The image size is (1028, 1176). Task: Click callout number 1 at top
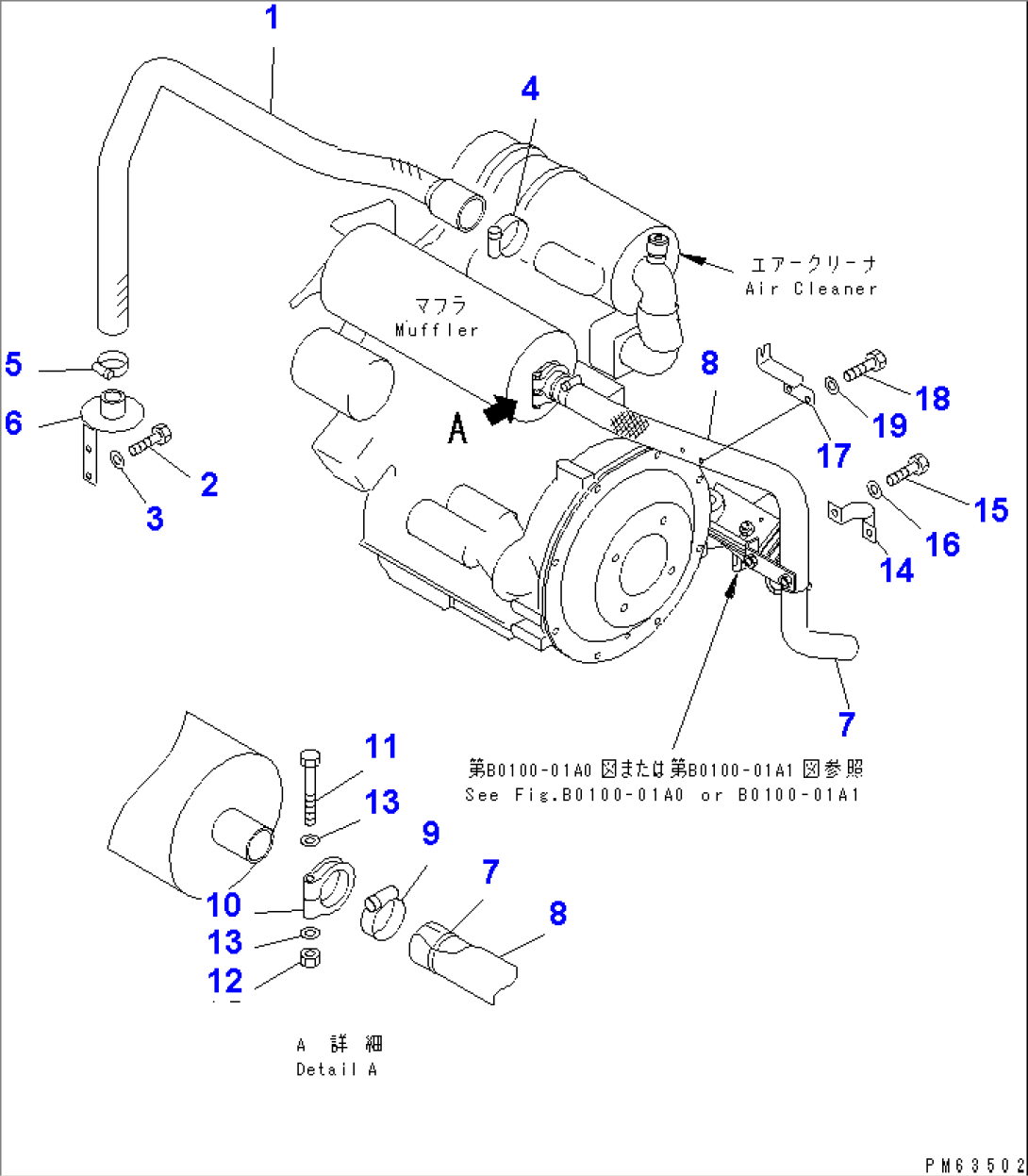click(x=272, y=18)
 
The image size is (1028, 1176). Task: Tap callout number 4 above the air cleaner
click(x=530, y=90)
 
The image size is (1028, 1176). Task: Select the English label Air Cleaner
click(x=811, y=289)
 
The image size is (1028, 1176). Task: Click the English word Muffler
click(x=437, y=330)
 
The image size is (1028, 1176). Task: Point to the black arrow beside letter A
click(x=500, y=410)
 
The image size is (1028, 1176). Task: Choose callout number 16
click(x=942, y=544)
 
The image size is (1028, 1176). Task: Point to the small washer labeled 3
click(x=117, y=458)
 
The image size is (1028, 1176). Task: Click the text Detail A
click(x=336, y=1069)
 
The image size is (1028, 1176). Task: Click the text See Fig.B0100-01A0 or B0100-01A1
click(x=662, y=794)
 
